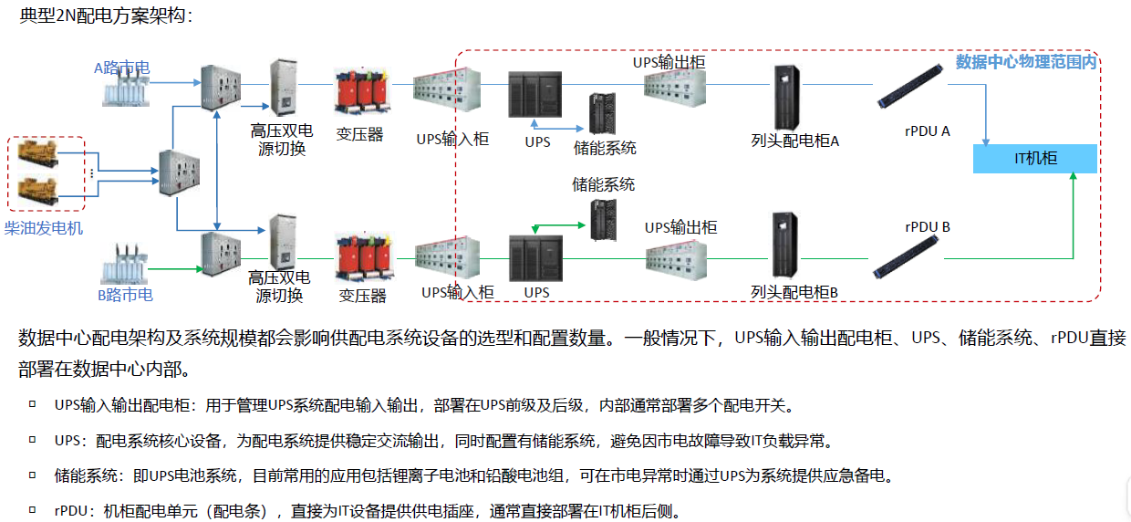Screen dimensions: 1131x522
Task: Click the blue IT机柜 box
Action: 1034,159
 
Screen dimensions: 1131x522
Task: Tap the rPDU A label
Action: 927,131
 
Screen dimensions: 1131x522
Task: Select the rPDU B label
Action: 928,227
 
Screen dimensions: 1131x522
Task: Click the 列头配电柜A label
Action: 794,141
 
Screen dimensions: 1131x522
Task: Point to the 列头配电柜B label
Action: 794,292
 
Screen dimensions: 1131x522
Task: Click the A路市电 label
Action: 121,68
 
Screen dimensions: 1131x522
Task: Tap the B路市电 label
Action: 125,295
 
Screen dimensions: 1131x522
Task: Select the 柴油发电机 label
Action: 44,228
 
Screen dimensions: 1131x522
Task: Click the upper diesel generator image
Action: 37,154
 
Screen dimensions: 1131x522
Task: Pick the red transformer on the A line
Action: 361,91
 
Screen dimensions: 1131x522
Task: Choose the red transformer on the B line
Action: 365,257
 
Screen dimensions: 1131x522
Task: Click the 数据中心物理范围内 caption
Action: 1026,62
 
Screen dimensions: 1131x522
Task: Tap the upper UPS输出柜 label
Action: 669,62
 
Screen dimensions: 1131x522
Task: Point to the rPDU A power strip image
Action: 910,86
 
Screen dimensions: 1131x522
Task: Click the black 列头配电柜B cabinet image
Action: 784,245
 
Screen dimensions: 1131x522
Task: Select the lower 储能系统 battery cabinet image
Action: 604,220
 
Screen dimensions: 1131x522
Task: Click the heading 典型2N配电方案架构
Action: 106,16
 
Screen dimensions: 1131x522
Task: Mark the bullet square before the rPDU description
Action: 32,509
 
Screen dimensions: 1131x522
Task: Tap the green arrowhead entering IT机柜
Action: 1073,176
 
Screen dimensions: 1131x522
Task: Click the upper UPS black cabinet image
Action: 534,95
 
